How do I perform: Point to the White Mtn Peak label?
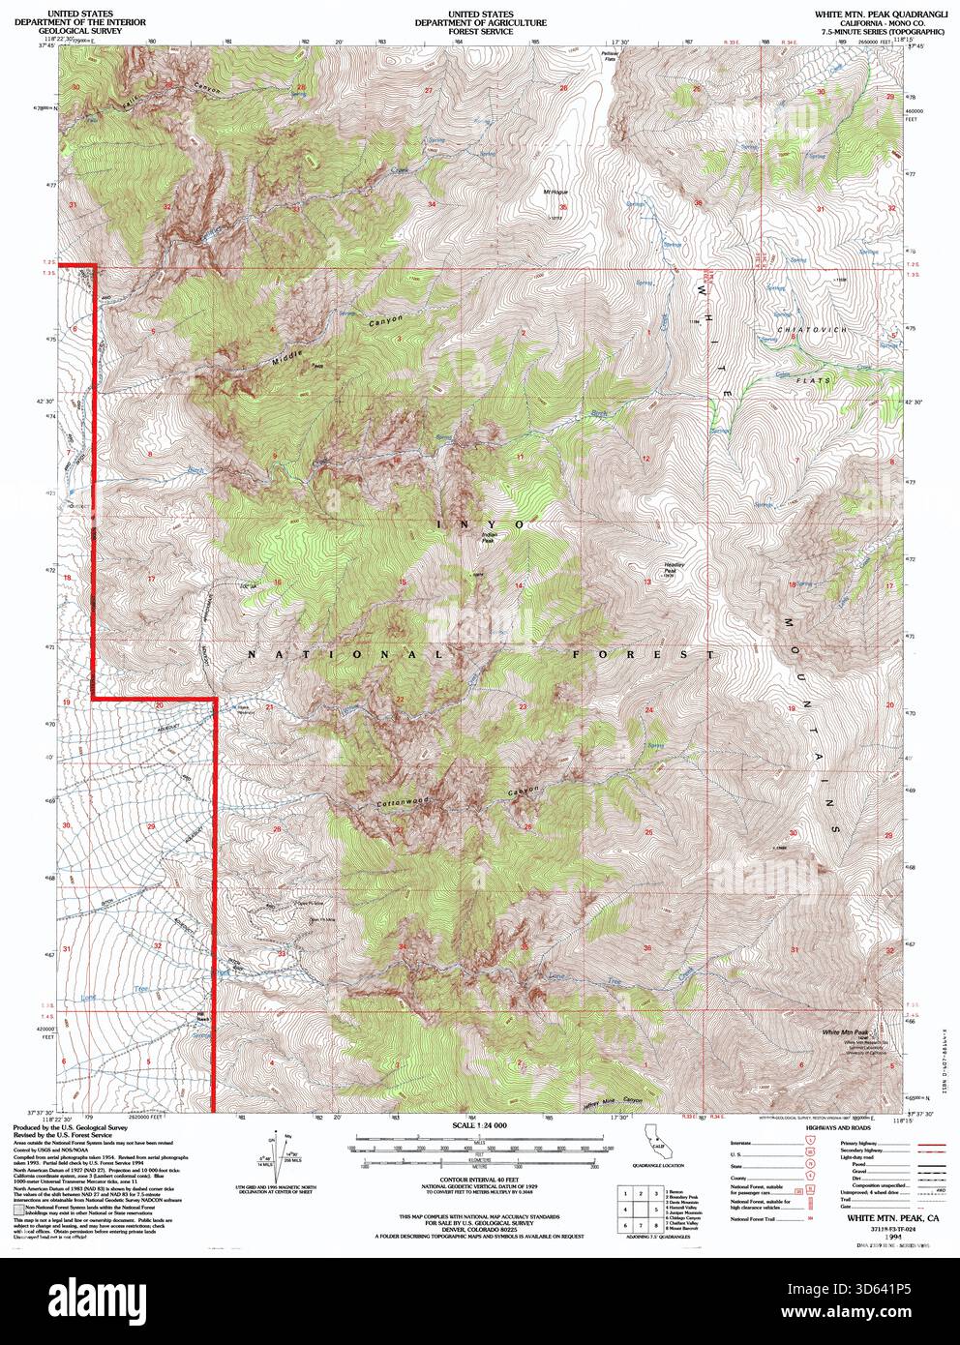coord(845,1032)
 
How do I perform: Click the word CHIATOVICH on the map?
coord(812,330)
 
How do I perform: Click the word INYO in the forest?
coord(481,523)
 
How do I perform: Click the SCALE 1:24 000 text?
coord(480,1125)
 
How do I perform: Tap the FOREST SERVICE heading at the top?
coord(480,31)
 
